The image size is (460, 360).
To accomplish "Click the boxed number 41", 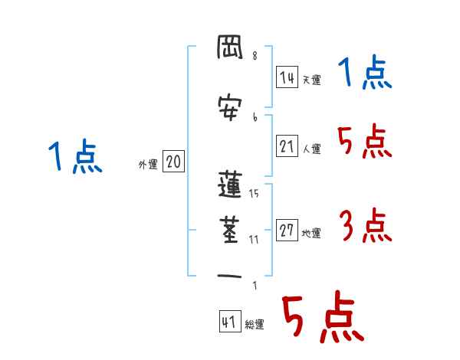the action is click(228, 322).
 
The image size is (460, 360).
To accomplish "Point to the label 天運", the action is click(311, 80).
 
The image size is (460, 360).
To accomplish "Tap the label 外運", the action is click(147, 165).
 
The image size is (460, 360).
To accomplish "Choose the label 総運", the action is click(255, 325).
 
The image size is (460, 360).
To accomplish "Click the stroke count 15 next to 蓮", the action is click(254, 194).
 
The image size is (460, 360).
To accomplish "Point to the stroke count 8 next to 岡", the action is click(255, 55).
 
